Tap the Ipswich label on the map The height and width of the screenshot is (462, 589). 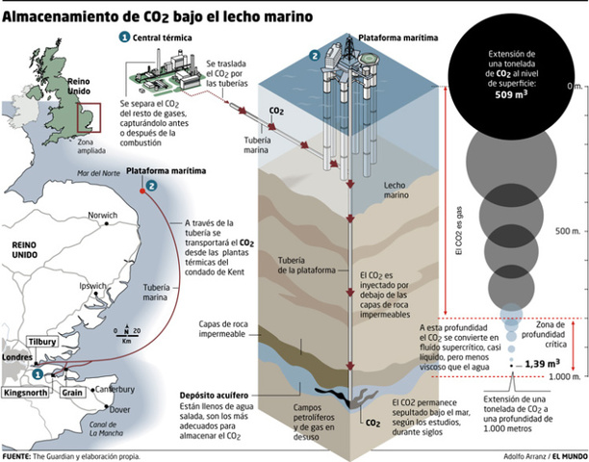click(x=93, y=287)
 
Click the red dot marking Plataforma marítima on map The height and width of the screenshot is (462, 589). click(x=142, y=191)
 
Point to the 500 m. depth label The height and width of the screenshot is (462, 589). click(x=565, y=232)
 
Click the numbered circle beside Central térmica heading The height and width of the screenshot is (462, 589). click(x=124, y=36)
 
